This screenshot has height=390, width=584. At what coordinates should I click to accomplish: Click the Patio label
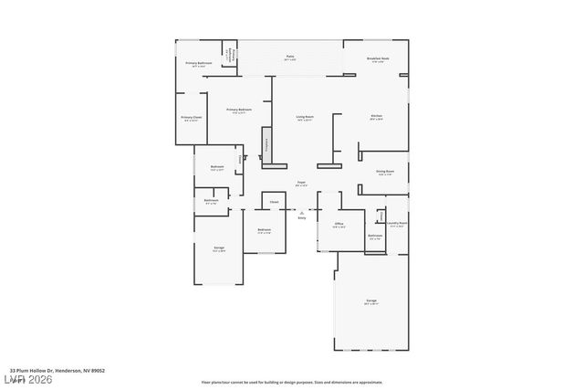coord(289,58)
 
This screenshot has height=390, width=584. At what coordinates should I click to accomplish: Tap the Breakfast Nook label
coord(378,59)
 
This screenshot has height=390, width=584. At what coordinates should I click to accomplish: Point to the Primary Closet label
coord(191,118)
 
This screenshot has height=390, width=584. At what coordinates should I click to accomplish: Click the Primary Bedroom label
coord(239,111)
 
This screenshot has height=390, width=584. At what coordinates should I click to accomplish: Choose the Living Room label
coord(305,117)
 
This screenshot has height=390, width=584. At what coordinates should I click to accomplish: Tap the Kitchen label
coord(376,117)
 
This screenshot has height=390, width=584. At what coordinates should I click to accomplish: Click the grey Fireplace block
coord(267,144)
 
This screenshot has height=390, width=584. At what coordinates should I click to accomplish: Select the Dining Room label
coord(385,172)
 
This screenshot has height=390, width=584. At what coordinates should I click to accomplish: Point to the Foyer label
coord(301,184)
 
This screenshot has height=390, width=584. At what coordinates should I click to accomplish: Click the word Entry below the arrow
coord(302,218)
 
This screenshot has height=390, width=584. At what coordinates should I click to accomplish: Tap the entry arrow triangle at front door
coord(302,210)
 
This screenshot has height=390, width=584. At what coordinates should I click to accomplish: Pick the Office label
coord(339,224)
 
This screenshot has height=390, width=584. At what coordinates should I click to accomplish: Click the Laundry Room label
coord(396,223)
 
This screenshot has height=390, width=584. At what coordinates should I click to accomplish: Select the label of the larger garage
coord(371,300)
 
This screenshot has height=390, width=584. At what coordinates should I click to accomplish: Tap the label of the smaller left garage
coord(219,248)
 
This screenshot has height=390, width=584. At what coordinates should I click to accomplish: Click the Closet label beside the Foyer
coord(274,201)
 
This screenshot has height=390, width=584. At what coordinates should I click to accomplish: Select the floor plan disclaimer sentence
coord(292,382)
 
